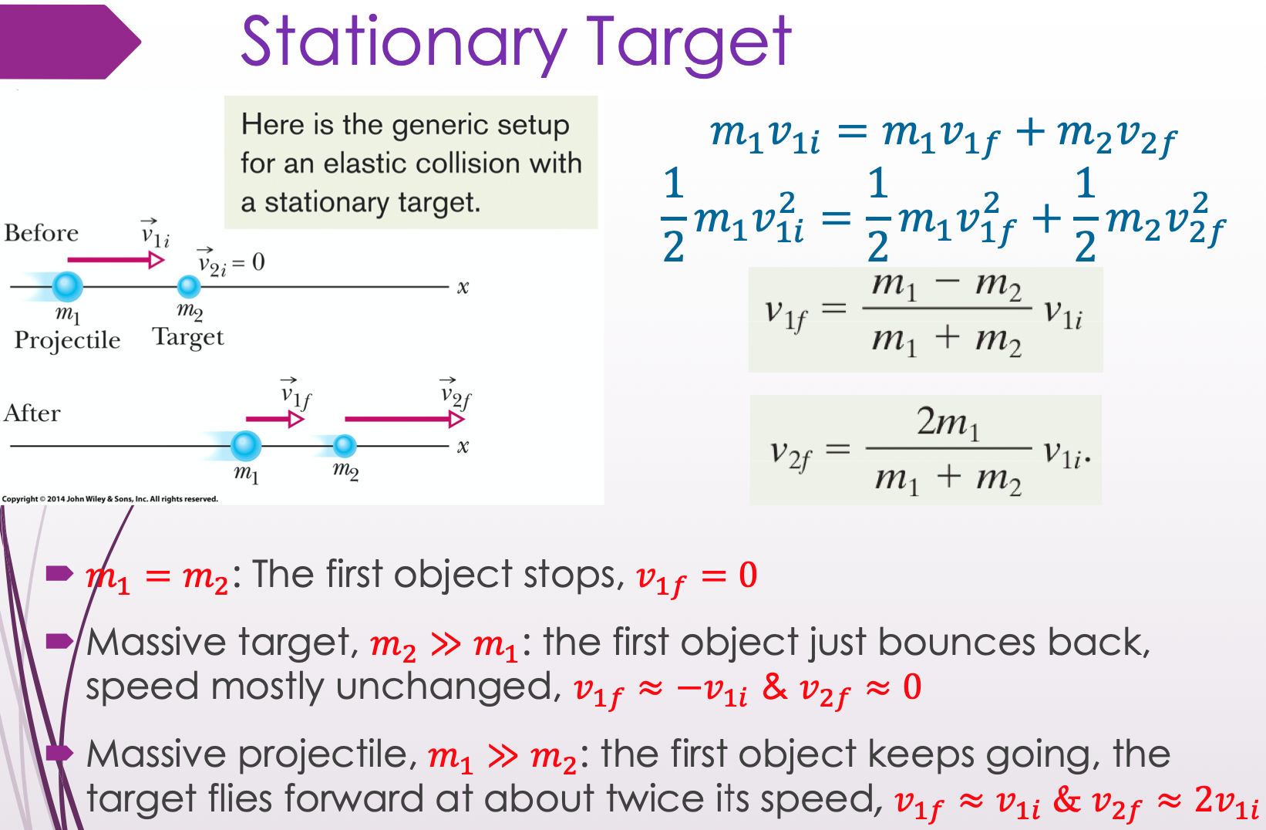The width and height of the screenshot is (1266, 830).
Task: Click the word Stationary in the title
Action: pos(403,43)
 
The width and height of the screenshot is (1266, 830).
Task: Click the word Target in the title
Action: pos(689,43)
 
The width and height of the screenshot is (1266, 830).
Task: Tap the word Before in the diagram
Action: pos(42,232)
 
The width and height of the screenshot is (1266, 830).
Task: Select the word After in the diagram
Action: pos(32,413)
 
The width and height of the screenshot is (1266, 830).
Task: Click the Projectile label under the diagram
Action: pos(67,340)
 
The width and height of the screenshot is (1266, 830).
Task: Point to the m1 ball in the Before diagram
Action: pos(67,286)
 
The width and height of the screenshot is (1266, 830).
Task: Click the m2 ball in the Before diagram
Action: pos(189,286)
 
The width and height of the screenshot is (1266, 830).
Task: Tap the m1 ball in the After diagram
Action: pos(245,446)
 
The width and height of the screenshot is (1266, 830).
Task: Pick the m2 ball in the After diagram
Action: pos(344,446)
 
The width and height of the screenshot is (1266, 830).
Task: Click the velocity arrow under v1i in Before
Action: pos(116,260)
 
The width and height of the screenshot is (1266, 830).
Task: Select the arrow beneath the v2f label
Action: pos(405,419)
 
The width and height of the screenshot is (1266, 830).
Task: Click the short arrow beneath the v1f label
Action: pos(275,419)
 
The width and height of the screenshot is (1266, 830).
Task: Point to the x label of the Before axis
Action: pos(463,287)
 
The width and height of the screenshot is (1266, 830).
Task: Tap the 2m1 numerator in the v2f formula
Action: pos(948,422)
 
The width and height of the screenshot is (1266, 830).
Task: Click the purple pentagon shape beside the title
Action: pos(70,42)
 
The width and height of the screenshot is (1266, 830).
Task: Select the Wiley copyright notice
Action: pos(109,498)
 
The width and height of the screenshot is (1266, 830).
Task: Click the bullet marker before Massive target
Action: pos(59,641)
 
